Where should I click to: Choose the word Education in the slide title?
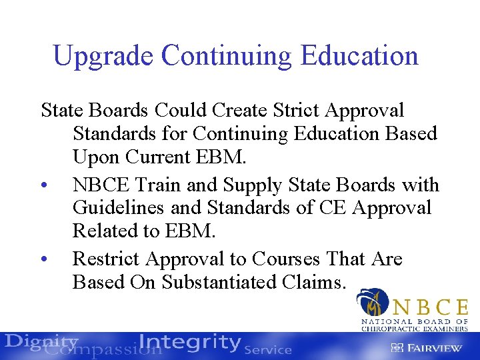tap(359, 56)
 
